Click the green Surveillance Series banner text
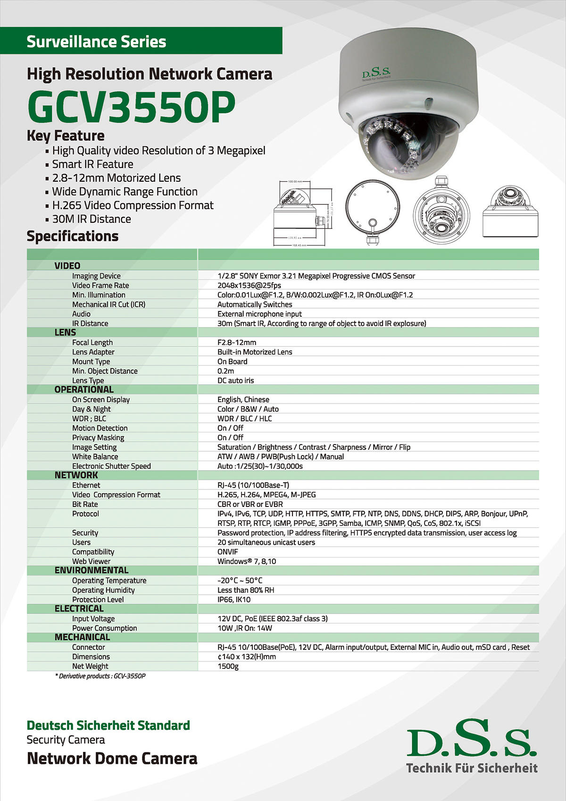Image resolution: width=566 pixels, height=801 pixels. click(96, 42)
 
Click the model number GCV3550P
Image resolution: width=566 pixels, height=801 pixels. click(131, 107)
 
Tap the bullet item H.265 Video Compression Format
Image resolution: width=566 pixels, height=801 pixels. click(133, 205)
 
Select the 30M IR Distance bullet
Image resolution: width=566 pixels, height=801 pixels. click(92, 219)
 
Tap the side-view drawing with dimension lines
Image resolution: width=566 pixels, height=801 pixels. click(302, 212)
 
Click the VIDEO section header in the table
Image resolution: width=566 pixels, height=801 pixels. click(67, 266)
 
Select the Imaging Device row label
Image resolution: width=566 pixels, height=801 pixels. click(96, 276)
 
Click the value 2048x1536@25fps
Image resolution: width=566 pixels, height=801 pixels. click(249, 286)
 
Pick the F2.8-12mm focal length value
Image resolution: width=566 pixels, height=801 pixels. click(237, 343)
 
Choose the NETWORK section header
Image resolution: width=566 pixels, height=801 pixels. click(76, 475)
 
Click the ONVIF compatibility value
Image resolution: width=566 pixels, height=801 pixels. click(228, 552)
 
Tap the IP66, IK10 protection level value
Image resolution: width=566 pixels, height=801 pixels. click(234, 599)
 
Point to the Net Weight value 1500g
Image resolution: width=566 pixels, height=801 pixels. click(228, 666)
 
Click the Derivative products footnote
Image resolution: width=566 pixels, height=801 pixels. click(100, 676)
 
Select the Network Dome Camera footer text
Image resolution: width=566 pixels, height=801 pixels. click(112, 758)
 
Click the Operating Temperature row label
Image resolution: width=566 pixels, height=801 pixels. click(109, 581)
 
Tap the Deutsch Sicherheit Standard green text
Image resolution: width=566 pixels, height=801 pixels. click(108, 725)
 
